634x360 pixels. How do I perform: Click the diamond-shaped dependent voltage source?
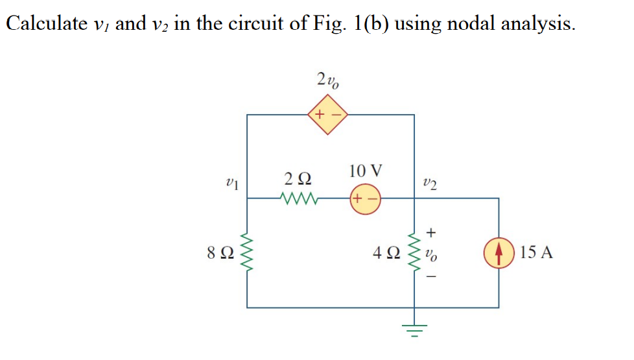pos(329,115)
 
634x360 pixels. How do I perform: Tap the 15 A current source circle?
pos(499,252)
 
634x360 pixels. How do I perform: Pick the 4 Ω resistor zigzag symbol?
pos(414,252)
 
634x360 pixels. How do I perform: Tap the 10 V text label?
pos(365,171)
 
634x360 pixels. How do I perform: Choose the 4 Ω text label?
pos(385,252)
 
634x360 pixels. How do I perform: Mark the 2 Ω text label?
pos(297,178)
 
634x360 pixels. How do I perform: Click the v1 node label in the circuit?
pos(232,184)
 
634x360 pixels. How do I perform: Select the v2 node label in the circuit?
pos(429,184)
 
